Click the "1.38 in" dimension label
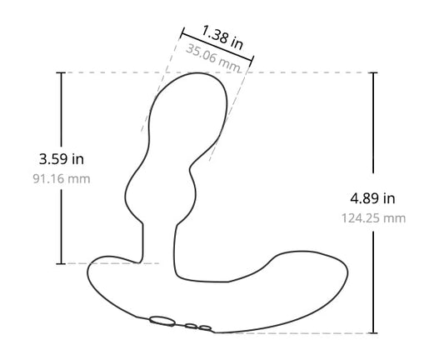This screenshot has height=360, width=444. (x=222, y=37)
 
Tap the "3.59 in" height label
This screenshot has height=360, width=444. (x=61, y=157)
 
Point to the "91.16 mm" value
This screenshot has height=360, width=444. (x=61, y=177)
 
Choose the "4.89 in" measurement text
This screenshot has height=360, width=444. (x=372, y=198)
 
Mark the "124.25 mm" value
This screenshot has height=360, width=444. (x=372, y=218)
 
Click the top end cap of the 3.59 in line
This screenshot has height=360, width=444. (x=61, y=72)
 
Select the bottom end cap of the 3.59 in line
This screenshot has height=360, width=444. (x=61, y=262)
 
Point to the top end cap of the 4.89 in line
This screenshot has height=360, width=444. (x=372, y=72)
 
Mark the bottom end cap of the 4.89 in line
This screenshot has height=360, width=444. (x=372, y=332)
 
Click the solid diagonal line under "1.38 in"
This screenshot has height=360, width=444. (x=217, y=47)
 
